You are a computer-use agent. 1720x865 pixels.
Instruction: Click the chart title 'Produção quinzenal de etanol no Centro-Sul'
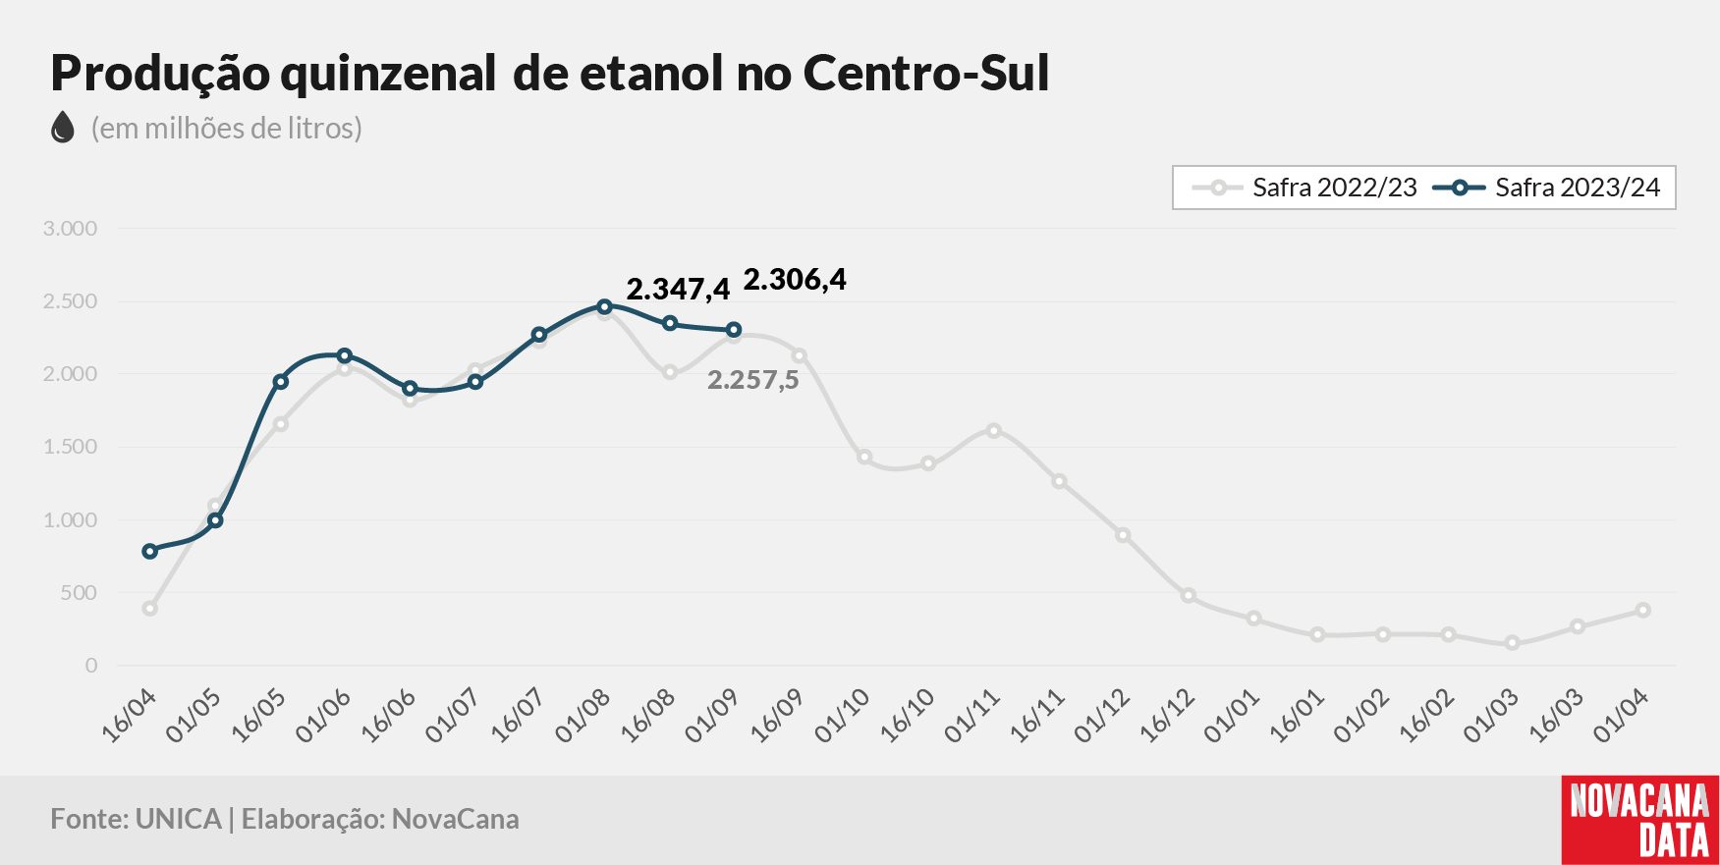pyautogui.click(x=550, y=74)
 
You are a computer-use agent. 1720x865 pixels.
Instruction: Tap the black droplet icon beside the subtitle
pyautogui.click(x=63, y=128)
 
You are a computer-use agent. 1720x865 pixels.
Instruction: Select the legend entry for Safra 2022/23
pyautogui.click(x=1304, y=188)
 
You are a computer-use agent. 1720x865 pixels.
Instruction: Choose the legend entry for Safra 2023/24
pyautogui.click(x=1547, y=188)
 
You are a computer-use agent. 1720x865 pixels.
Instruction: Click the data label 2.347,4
pyautogui.click(x=678, y=290)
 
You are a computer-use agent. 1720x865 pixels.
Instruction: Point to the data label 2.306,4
pyautogui.click(x=795, y=280)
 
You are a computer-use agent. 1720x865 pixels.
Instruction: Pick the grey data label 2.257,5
pyautogui.click(x=753, y=380)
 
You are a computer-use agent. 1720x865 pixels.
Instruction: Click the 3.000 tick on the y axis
pyautogui.click(x=70, y=229)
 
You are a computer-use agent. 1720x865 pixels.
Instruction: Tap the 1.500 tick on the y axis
pyautogui.click(x=70, y=447)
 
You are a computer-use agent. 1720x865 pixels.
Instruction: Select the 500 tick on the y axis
pyautogui.click(x=79, y=593)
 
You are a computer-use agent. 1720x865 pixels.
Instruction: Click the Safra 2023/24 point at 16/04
pyautogui.click(x=149, y=552)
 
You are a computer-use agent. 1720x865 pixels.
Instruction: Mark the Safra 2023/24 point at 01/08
pyautogui.click(x=604, y=306)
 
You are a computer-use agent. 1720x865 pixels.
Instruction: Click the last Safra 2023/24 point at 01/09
pyautogui.click(x=734, y=330)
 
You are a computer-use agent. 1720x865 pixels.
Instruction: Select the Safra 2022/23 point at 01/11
pyautogui.click(x=993, y=430)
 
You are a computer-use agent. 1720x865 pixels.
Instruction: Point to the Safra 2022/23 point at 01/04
pyautogui.click(x=1642, y=611)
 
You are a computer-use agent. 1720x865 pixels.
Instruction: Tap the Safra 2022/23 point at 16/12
pyautogui.click(x=1188, y=596)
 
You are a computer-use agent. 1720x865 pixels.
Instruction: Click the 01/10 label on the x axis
pyautogui.click(x=842, y=715)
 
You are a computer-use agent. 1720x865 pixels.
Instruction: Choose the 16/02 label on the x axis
pyautogui.click(x=1426, y=715)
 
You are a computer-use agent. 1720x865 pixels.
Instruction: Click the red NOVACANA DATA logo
pyautogui.click(x=1640, y=821)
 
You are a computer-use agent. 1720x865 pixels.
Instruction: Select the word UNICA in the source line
pyautogui.click(x=179, y=819)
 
